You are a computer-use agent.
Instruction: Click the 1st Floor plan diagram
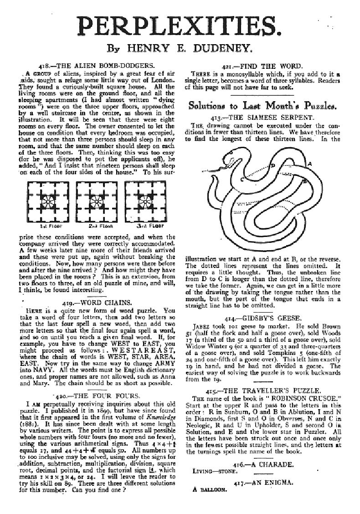(46, 202)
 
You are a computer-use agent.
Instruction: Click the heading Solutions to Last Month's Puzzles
(263, 106)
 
